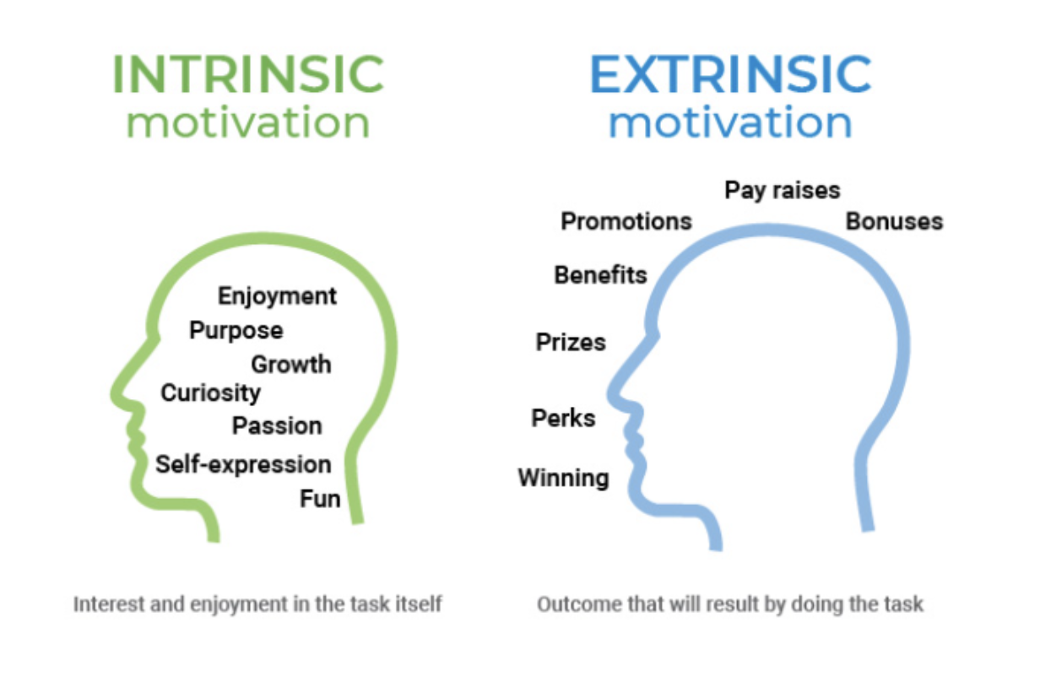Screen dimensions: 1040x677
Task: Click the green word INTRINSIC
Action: click(248, 74)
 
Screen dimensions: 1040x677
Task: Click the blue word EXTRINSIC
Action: click(731, 74)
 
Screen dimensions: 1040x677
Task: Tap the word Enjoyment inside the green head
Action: click(277, 296)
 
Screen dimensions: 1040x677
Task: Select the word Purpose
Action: click(236, 331)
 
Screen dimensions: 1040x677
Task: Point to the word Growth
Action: click(291, 364)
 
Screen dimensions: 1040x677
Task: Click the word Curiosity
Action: click(210, 393)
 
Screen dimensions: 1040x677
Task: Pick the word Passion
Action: click(277, 425)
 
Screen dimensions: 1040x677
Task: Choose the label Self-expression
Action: click(243, 464)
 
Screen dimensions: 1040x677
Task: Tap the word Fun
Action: click(321, 499)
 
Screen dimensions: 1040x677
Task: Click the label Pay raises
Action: click(783, 191)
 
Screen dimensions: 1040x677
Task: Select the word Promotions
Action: click(626, 221)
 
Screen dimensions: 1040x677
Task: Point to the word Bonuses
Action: click(894, 221)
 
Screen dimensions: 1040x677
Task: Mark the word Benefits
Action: click(601, 275)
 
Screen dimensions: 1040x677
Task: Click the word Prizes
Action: click(571, 342)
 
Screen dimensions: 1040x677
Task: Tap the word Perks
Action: click(563, 418)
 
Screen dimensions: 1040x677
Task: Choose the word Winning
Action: click(564, 479)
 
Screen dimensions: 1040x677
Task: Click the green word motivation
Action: click(248, 122)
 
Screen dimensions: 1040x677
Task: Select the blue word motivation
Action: click(731, 122)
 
